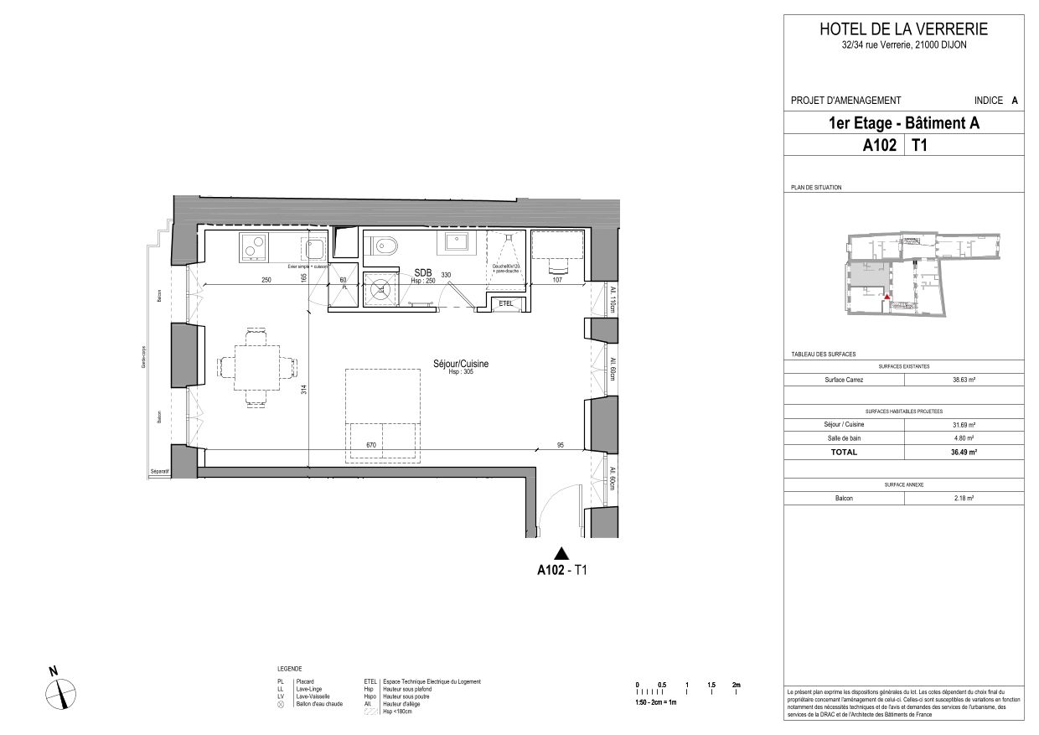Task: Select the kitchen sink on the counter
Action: [x=316, y=248]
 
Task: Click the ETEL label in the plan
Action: [x=506, y=303]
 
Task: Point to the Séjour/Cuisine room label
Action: [x=460, y=364]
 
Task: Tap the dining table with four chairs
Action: [x=257, y=367]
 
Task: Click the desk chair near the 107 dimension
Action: [x=559, y=267]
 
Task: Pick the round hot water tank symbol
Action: [x=382, y=290]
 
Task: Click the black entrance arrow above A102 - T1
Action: [x=561, y=552]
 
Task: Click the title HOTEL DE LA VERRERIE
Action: [x=903, y=29]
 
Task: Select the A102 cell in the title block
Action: [x=880, y=145]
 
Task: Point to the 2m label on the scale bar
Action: [x=736, y=685]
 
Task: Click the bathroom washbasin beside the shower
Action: [x=457, y=244]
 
